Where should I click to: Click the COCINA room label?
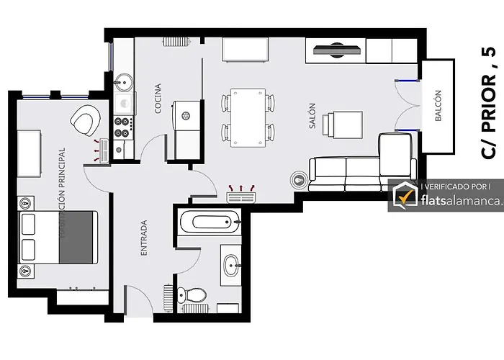[158, 99]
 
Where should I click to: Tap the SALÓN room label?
[312, 116]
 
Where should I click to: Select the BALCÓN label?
[438, 105]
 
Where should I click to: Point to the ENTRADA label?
[144, 238]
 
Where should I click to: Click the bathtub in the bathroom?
[210, 222]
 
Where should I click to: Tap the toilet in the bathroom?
[192, 294]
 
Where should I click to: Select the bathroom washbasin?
[232, 266]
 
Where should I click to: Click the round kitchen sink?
[124, 82]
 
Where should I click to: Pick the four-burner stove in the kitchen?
[124, 127]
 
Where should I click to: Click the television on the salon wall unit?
[337, 50]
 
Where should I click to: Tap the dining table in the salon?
[248, 117]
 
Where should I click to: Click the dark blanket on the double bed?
[78, 237]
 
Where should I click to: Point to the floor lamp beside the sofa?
[300, 179]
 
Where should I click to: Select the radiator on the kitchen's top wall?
[176, 42]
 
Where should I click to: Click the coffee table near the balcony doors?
[343, 125]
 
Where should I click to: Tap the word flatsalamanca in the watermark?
[461, 201]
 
